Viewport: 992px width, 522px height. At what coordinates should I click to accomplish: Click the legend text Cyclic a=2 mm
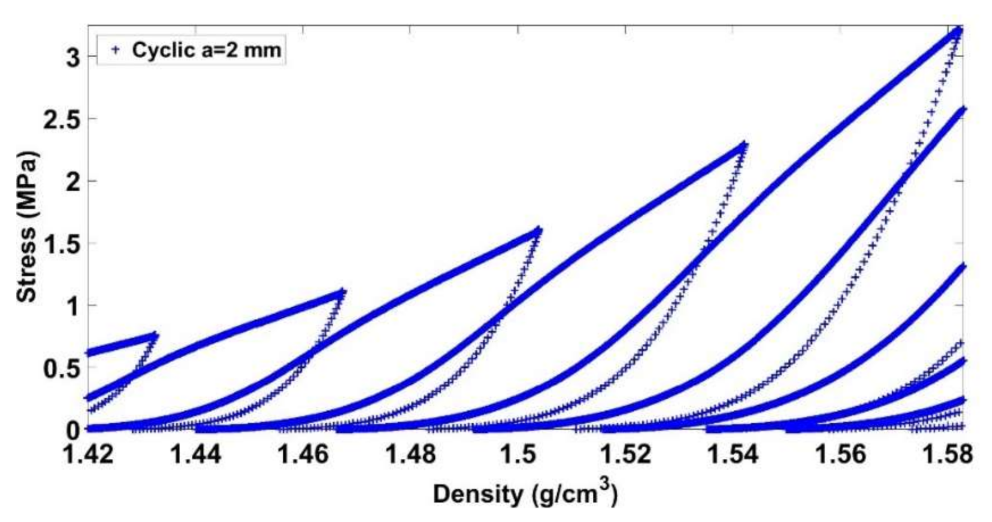(206, 50)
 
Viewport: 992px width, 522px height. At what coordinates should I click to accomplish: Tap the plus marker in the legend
(115, 50)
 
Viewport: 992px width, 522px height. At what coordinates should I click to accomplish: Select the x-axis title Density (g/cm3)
(524, 493)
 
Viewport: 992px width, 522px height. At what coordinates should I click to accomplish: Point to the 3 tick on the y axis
(73, 58)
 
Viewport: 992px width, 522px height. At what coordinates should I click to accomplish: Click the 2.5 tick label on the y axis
(63, 120)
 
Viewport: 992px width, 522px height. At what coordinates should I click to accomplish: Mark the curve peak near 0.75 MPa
(155, 334)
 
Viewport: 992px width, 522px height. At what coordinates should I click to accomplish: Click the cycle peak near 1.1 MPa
(342, 291)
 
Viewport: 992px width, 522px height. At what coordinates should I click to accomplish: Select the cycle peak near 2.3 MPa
(744, 146)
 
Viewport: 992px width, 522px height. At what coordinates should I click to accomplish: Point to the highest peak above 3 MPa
(958, 31)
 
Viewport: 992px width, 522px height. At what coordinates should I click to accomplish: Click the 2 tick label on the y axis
(73, 182)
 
